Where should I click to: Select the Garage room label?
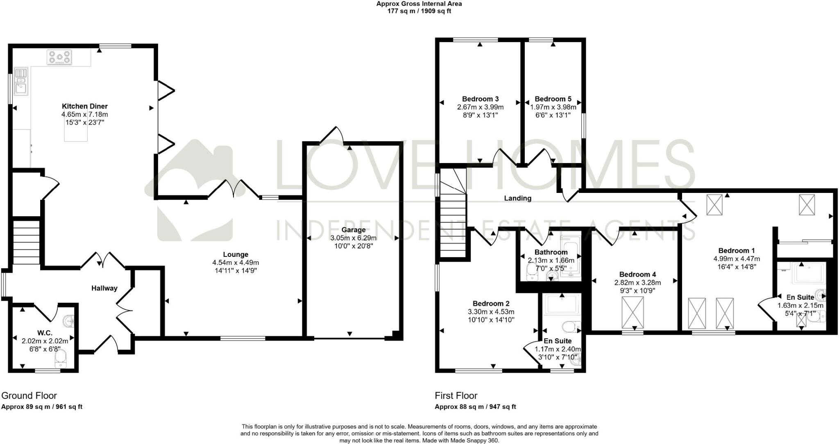point(353,230)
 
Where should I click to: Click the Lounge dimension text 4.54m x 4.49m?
point(236,263)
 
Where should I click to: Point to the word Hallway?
point(104,288)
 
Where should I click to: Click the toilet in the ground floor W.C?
point(61,359)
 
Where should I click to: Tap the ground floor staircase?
point(26,242)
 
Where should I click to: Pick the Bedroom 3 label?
point(480,99)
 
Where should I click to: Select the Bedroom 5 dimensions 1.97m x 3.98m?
point(553,107)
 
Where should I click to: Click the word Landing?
point(517,198)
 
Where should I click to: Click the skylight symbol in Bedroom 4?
point(633,312)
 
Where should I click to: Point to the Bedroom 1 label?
point(736,250)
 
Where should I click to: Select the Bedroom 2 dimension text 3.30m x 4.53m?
point(491,312)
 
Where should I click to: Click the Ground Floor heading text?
point(29,395)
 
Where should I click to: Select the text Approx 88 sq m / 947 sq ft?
point(475,407)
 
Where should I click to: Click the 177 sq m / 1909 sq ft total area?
point(419,11)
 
